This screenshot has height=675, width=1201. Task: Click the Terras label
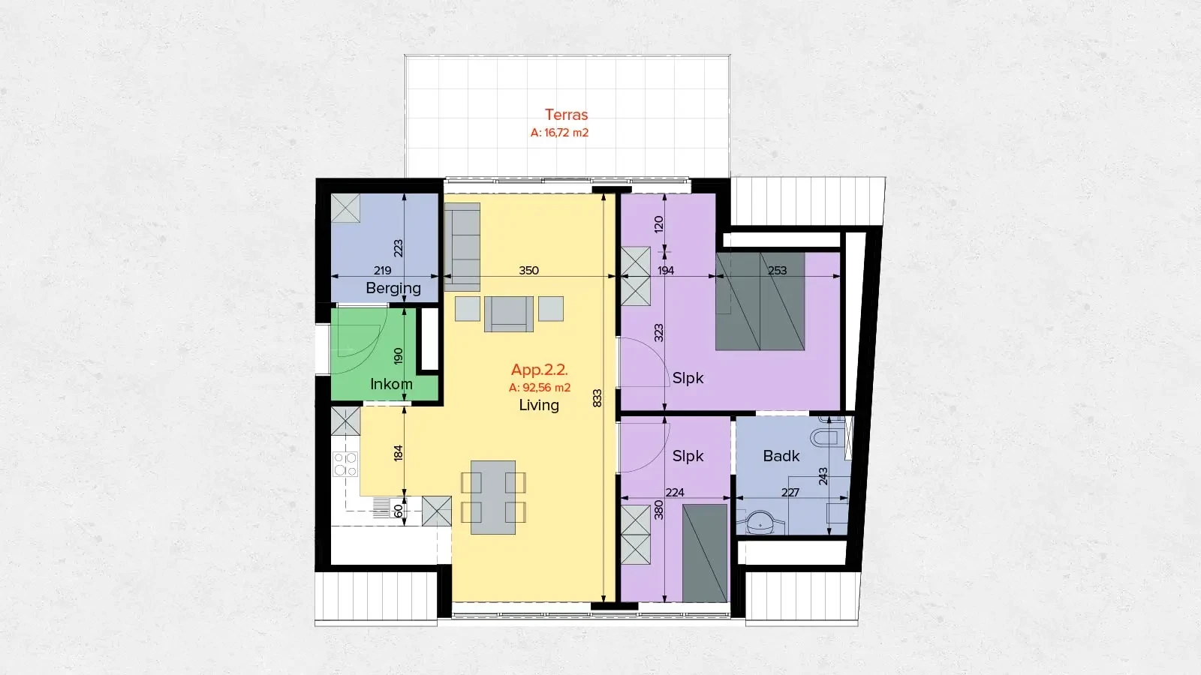coord(566,115)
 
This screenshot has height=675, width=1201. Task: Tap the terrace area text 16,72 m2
coord(559,133)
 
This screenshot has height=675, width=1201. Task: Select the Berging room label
coord(393,288)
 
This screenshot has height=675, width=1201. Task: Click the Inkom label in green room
coord(391,384)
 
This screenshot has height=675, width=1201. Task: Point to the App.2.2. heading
coord(539,370)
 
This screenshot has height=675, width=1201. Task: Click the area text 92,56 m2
coord(540,388)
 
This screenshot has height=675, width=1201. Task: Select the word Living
coord(539,405)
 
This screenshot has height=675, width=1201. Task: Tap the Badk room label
coord(781,456)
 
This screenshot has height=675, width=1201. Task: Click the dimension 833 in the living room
coord(597,397)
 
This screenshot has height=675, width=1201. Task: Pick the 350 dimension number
coord(528,270)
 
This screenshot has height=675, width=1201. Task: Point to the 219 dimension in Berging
coord(382,270)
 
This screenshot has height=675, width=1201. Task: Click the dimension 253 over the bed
coord(777,270)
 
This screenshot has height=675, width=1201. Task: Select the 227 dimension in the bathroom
coord(790,493)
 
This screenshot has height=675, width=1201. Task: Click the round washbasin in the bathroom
coord(760,520)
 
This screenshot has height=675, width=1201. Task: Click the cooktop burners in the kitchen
coord(345,464)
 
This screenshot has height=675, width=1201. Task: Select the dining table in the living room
coord(493,497)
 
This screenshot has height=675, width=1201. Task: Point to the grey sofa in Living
coord(462,246)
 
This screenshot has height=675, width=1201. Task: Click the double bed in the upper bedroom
coord(760,301)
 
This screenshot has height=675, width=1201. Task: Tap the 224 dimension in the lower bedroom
coord(675,493)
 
